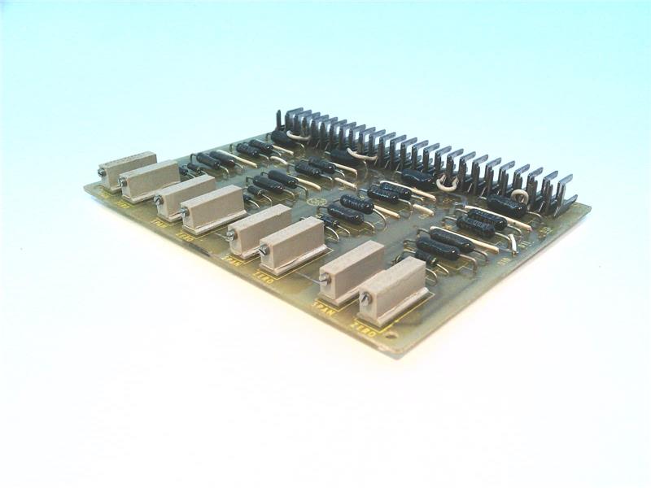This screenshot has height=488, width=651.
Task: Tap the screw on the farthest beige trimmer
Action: (102, 172)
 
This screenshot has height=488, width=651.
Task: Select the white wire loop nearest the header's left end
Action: (298, 138)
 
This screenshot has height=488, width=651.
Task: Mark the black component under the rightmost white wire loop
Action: (506, 205)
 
